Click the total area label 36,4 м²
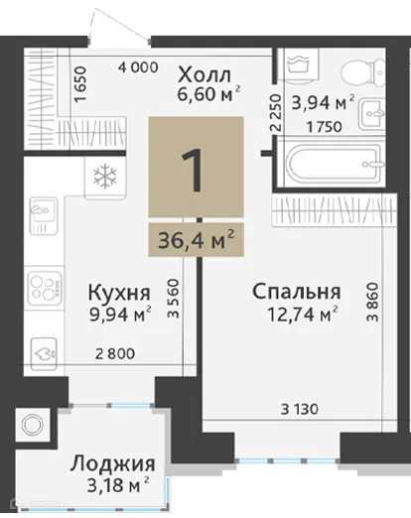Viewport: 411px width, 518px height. (x=196, y=238)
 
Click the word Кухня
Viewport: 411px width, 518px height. (x=119, y=294)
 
